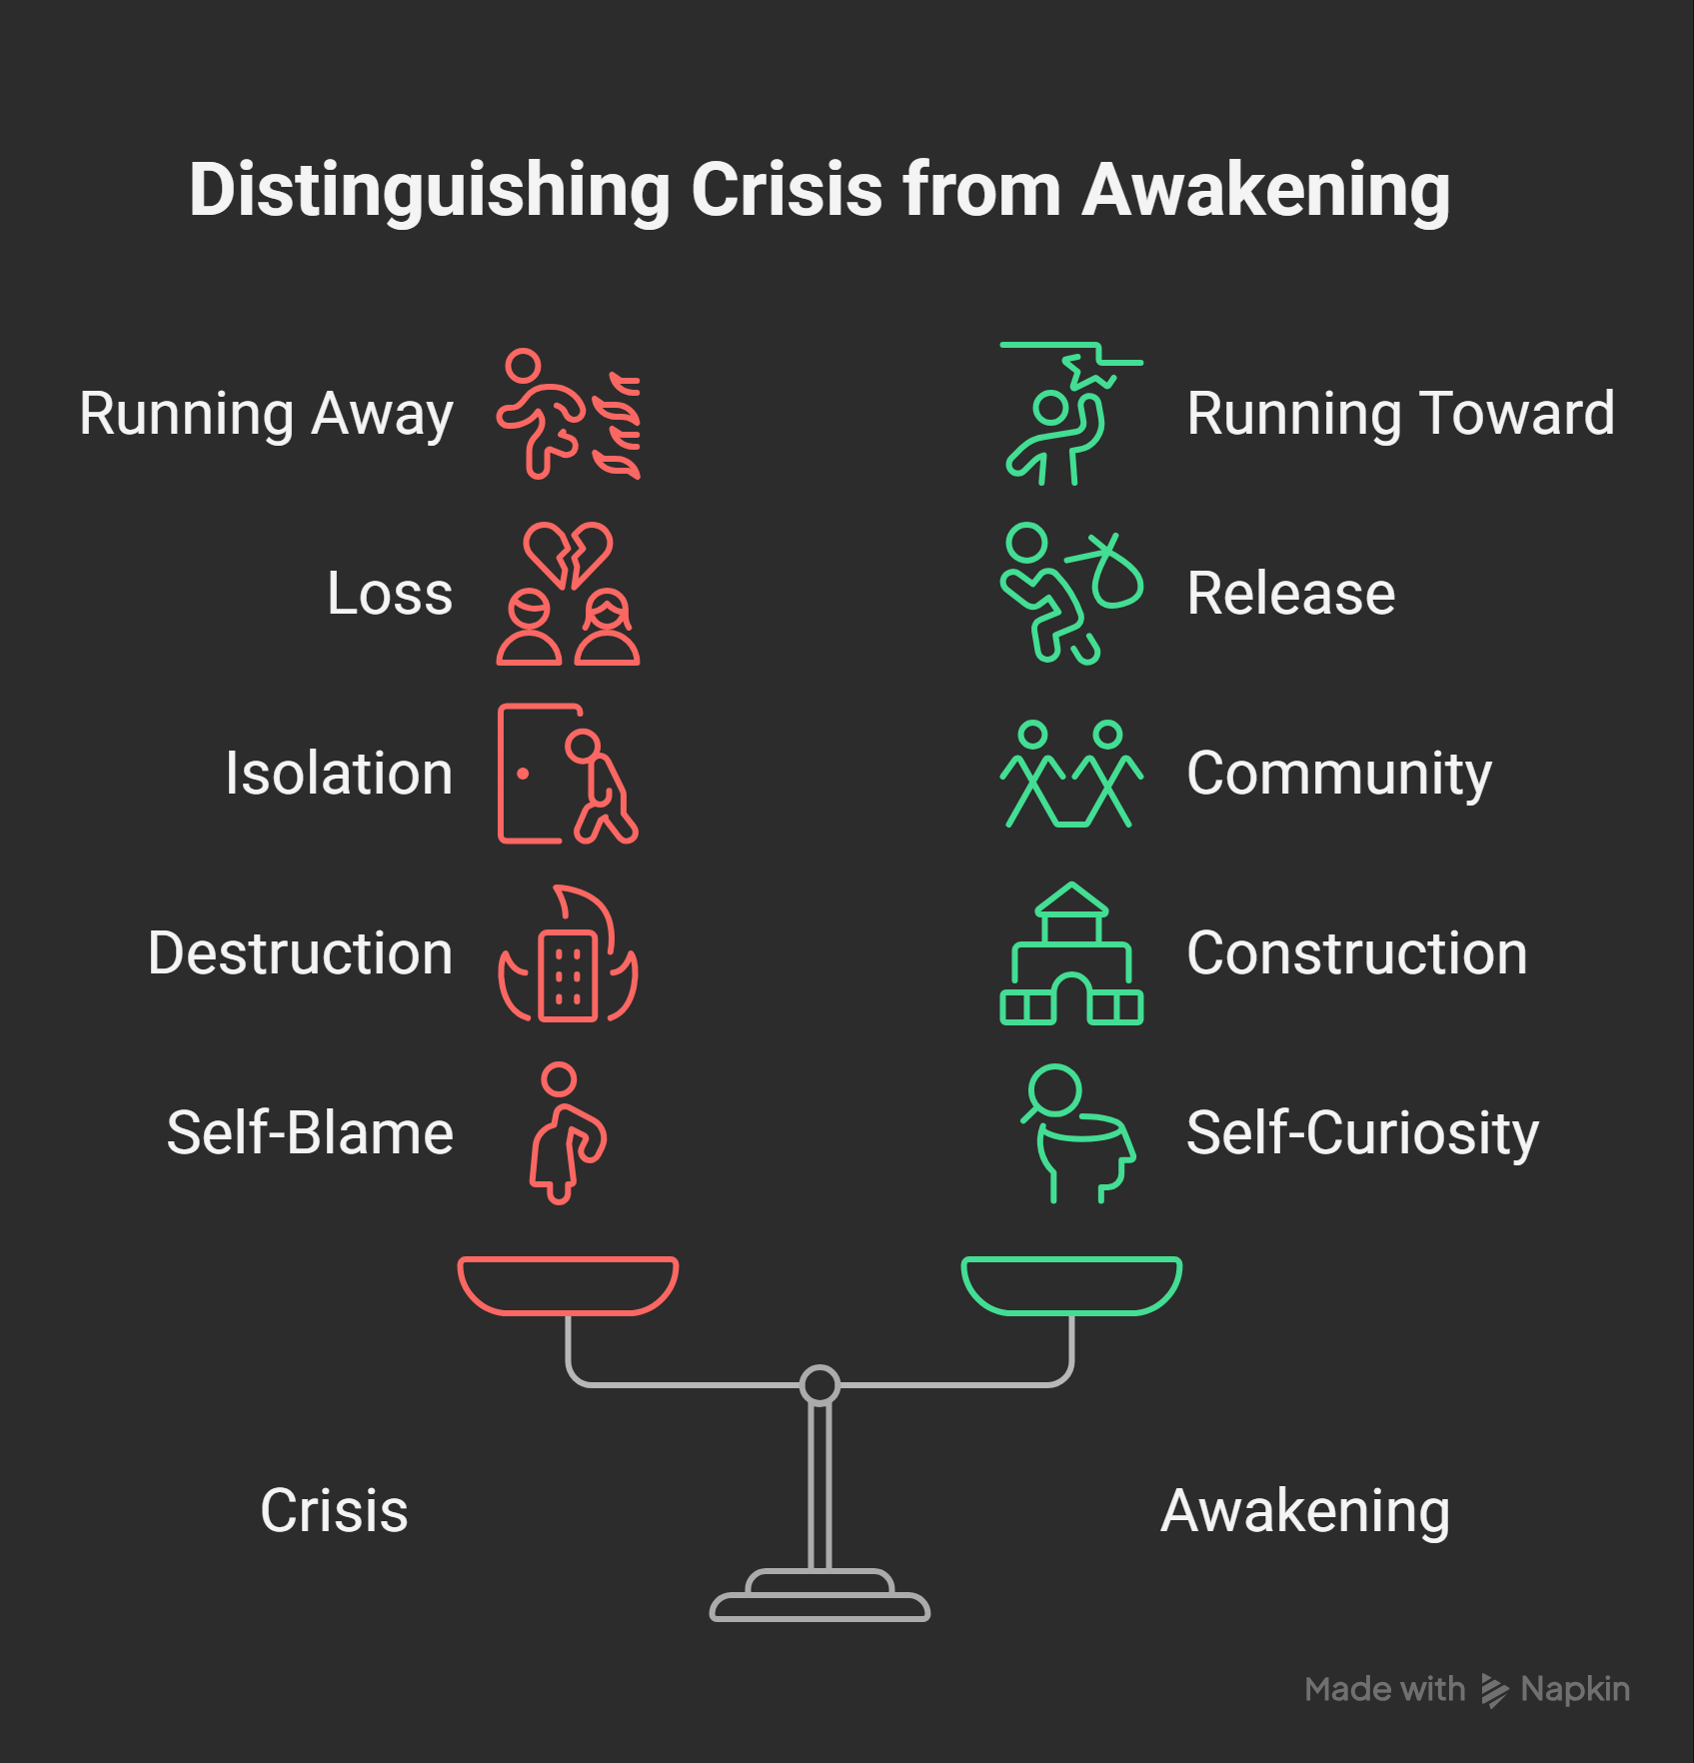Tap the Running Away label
pyautogui.click(x=266, y=415)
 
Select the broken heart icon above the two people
pyautogui.click(x=568, y=555)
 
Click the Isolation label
pyautogui.click(x=339, y=774)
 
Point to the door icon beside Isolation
pyautogui.click(x=501, y=774)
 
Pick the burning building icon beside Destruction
pyautogui.click(x=568, y=954)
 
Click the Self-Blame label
pyautogui.click(x=310, y=1133)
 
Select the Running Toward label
pyautogui.click(x=1400, y=414)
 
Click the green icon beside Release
pyautogui.click(x=1070, y=594)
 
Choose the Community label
pyautogui.click(x=1339, y=775)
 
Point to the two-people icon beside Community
pyautogui.click(x=1071, y=775)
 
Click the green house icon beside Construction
pyautogui.click(x=1071, y=954)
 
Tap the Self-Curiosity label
pyautogui.click(x=1362, y=1134)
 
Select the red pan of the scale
pyautogui.click(x=568, y=1286)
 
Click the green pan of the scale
pyautogui.click(x=1071, y=1286)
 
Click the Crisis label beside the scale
pyautogui.click(x=334, y=1510)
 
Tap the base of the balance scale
pyautogui.click(x=820, y=1596)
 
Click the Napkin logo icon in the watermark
pyautogui.click(x=1494, y=1690)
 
